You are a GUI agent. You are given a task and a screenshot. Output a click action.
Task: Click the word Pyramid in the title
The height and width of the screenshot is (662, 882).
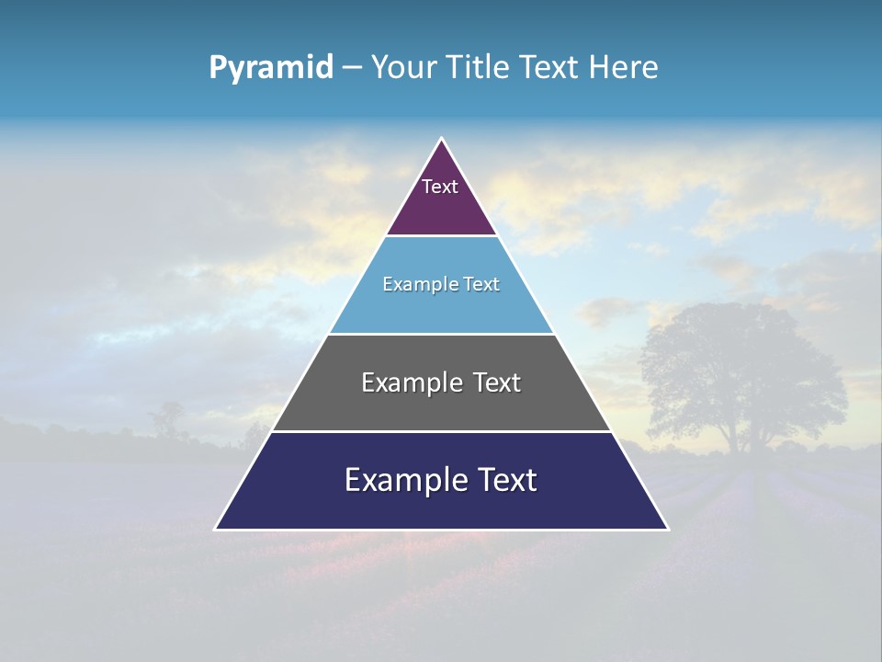click(x=270, y=67)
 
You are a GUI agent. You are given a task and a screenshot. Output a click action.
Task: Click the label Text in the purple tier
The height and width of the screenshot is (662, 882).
click(x=439, y=187)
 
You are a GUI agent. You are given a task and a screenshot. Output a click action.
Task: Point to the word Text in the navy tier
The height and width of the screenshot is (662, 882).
click(x=502, y=480)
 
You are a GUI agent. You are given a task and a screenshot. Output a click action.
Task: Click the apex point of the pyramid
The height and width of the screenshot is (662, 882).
click(x=442, y=139)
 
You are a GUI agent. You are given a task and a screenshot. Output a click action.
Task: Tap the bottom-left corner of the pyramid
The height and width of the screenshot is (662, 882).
click(x=217, y=529)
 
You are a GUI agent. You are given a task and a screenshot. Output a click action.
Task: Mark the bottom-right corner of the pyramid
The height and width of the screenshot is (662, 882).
click(x=667, y=529)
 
